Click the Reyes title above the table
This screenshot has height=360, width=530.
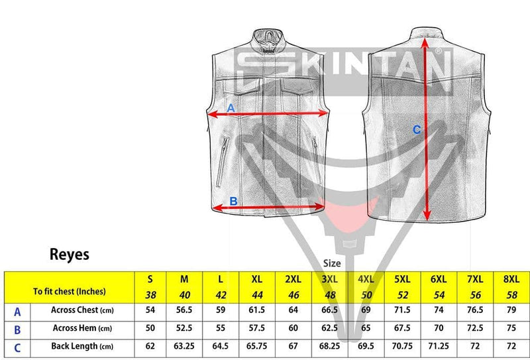70,255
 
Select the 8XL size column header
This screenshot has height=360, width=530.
511,279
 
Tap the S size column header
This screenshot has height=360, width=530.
150,279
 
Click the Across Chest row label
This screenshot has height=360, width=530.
82,310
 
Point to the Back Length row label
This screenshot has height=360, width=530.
82,346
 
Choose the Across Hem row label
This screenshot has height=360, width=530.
82,328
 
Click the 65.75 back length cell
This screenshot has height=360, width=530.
256,346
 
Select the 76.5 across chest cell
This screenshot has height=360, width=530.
475,310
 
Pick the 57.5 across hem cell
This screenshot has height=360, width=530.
256,328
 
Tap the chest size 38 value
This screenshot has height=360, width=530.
150,295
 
